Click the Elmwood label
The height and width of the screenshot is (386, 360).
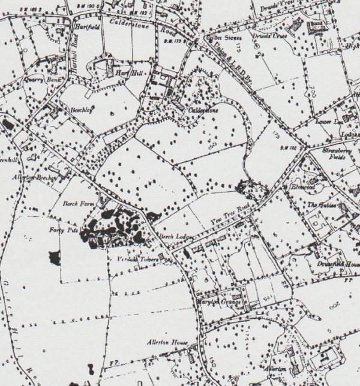[x=302, y=186]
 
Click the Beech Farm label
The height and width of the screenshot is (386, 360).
[x=76, y=203]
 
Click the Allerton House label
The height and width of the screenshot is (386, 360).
[x=167, y=343]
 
